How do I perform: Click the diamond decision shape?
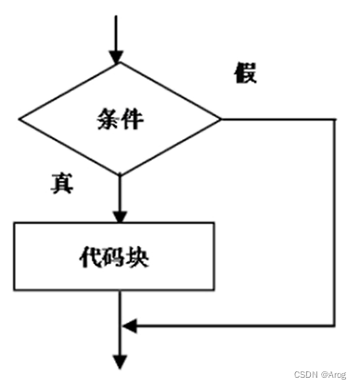pyautogui.click(x=121, y=120)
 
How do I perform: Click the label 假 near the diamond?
pyautogui.click(x=245, y=74)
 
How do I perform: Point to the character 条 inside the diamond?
pyautogui.click(x=107, y=119)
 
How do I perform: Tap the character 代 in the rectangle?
pyautogui.click(x=93, y=256)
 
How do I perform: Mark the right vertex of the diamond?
pyautogui.click(x=221, y=120)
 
